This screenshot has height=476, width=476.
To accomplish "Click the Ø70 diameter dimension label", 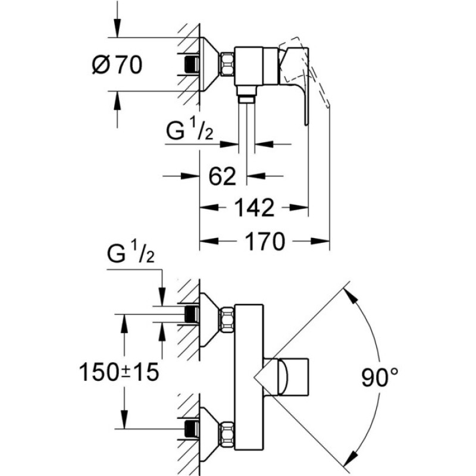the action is (x=117, y=65).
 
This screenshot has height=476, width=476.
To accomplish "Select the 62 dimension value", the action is (x=223, y=176).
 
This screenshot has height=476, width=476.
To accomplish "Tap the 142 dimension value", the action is (x=255, y=208).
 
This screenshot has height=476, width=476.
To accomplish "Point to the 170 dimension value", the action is (x=265, y=241).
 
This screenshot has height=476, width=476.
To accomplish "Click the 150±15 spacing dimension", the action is (x=118, y=372).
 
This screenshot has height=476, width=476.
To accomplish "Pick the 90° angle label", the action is (x=380, y=377).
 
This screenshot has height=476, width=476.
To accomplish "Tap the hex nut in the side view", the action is (x=227, y=64).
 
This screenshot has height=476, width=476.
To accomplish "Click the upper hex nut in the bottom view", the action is (x=227, y=321).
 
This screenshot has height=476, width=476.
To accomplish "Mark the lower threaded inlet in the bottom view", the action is (x=192, y=428).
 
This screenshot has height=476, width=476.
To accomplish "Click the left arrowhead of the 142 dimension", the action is (x=209, y=208).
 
